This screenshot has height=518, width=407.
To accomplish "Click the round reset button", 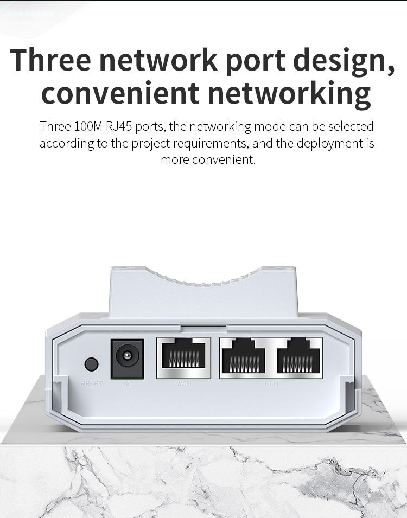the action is [92, 364].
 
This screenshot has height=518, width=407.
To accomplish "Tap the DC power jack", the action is [127, 359].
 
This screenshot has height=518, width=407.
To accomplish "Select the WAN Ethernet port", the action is [183, 358].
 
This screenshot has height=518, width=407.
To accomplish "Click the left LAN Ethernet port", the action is [243, 358].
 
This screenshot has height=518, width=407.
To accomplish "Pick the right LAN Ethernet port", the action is [299, 358].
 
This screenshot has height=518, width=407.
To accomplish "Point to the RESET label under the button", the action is [91, 384].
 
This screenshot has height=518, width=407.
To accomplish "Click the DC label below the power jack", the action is [128, 384].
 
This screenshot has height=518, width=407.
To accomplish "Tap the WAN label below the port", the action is [183, 384].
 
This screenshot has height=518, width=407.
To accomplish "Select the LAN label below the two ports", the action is [271, 384].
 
